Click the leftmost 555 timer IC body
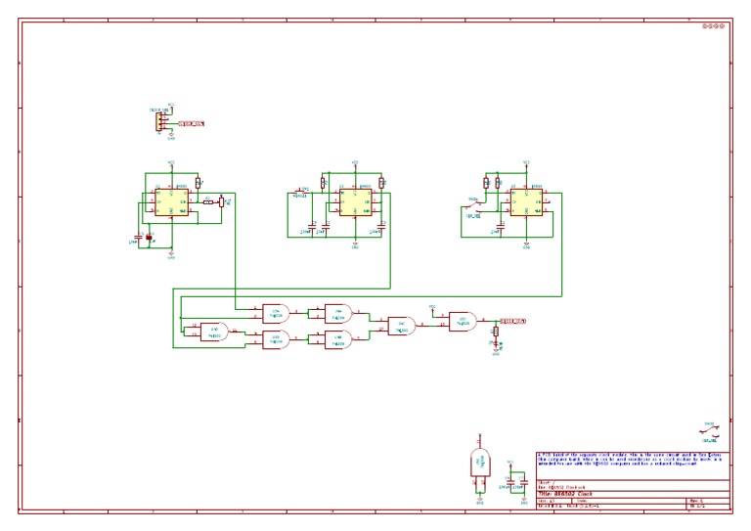[170, 202]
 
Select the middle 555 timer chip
[354, 202]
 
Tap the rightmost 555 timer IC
[525, 202]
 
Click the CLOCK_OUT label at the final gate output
[513, 321]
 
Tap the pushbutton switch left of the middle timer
[299, 193]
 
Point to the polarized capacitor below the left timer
[149, 238]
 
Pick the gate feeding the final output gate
[401, 326]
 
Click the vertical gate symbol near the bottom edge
[480, 464]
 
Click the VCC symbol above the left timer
[171, 163]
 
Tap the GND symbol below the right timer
[526, 245]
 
